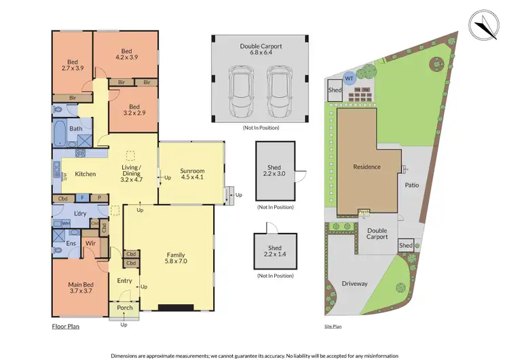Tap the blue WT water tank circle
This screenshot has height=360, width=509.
[350, 79]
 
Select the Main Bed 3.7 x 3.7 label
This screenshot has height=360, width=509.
[79, 287]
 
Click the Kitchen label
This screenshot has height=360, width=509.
[86, 174]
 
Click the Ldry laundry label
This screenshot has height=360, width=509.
[80, 214]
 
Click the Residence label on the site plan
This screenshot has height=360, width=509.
[366, 166]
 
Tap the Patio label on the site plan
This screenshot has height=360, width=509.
[412, 185]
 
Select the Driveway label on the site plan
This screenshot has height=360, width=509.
[354, 283]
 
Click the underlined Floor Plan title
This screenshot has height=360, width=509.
[67, 326]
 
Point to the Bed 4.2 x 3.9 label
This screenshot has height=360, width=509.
[126, 55]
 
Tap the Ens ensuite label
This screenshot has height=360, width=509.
[71, 242]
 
